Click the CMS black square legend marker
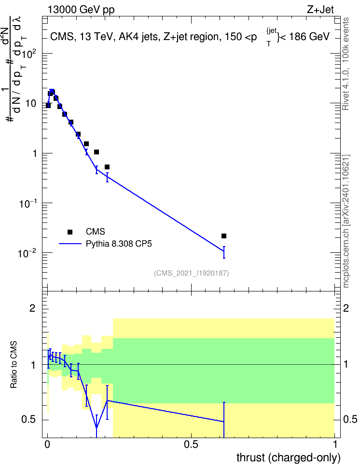pos(69,232)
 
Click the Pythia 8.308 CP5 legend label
pos(119,244)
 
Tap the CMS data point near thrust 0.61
pos(224,236)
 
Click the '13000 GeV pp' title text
pos(81,10)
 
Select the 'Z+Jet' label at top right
pos(320,10)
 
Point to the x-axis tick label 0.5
pos(191,444)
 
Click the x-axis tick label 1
pos(335,444)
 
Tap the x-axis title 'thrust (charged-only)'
pos(289,458)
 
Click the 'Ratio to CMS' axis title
pos(14,365)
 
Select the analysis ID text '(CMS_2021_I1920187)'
pos(192,273)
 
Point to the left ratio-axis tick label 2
pos(32,308)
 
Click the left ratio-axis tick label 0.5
pos(29,420)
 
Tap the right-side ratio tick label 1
pos(346,365)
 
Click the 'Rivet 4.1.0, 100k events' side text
pos(346,64)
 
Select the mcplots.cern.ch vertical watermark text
pos(346,221)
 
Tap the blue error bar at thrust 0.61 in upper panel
pos(224,252)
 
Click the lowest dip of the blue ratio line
pos(97,428)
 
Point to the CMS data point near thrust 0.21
pos(107,167)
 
